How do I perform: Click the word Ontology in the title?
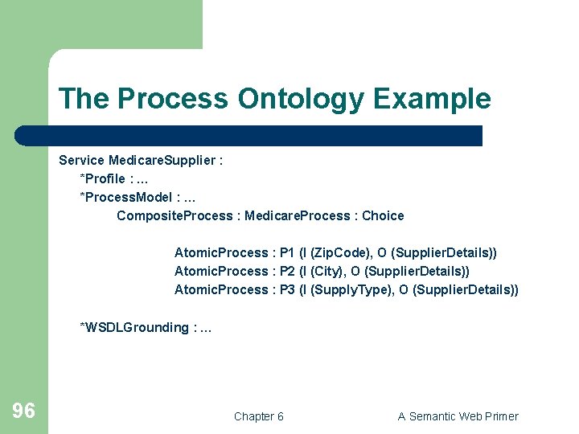pyautogui.click(x=301, y=99)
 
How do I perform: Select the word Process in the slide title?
pyautogui.click(x=175, y=99)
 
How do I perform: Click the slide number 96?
pyautogui.click(x=23, y=411)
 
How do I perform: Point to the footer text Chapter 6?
pyautogui.click(x=258, y=416)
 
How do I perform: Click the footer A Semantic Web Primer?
pyautogui.click(x=458, y=416)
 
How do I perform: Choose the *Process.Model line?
pyautogui.click(x=138, y=197)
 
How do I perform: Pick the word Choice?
pyautogui.click(x=383, y=215)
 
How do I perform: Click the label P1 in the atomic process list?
pyautogui.click(x=287, y=252)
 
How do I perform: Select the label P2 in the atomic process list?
pyautogui.click(x=287, y=271)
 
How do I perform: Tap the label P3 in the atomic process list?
pyautogui.click(x=287, y=289)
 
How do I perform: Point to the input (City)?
pyautogui.click(x=322, y=271)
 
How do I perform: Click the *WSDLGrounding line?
pyautogui.click(x=145, y=327)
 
